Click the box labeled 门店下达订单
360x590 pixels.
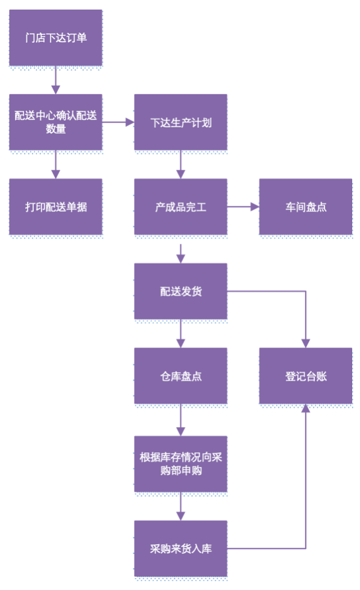[x=55, y=37]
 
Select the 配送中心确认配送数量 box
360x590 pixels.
[x=55, y=122]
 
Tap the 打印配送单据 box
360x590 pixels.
[x=55, y=206]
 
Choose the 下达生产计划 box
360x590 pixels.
[x=180, y=122]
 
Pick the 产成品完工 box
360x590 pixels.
[x=180, y=206]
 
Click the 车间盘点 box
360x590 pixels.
[x=306, y=206]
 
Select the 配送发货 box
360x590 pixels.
[x=180, y=291]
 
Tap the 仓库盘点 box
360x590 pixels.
[x=180, y=375]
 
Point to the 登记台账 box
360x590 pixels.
[x=306, y=375]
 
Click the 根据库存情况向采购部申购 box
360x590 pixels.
[x=180, y=463]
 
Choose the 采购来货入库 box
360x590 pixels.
[x=180, y=548]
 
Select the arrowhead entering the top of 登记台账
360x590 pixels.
[x=306, y=343]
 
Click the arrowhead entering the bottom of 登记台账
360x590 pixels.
[x=306, y=409]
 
